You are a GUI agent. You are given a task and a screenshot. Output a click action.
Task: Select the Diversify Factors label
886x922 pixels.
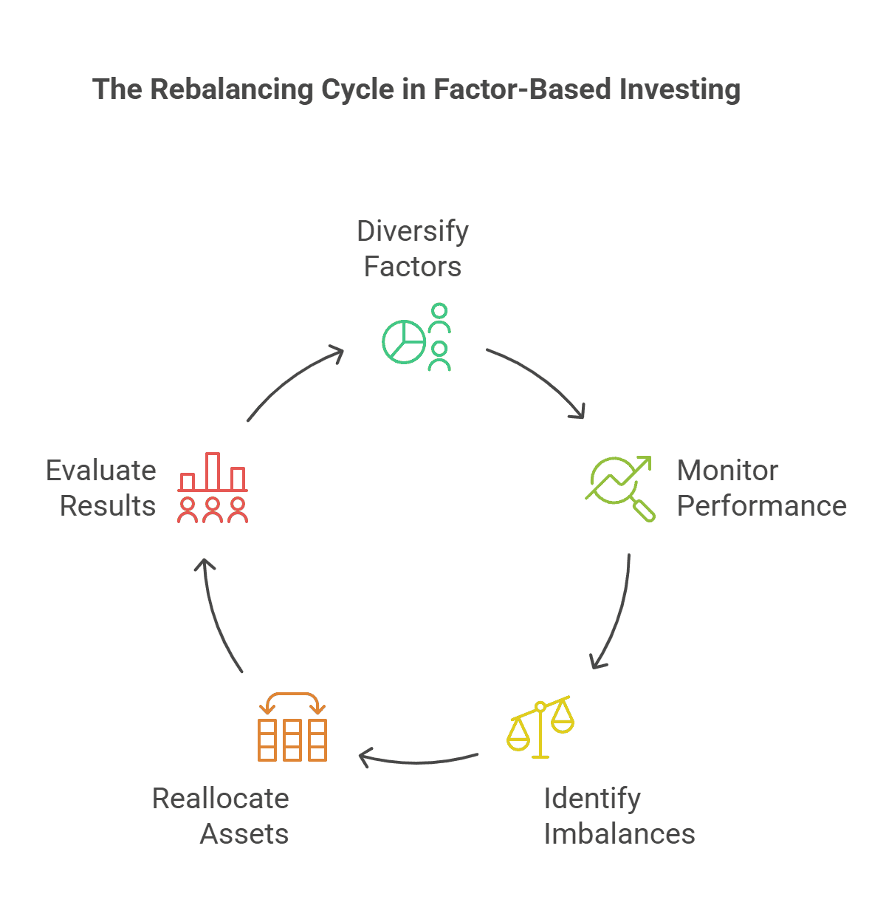pyautogui.click(x=413, y=248)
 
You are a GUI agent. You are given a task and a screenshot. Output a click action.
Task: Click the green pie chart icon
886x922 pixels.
pyautogui.click(x=404, y=342)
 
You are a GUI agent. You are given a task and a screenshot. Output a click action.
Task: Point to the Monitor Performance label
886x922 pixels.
pyautogui.click(x=760, y=488)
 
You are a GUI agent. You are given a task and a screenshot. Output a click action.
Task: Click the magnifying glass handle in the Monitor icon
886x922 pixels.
pyautogui.click(x=643, y=510)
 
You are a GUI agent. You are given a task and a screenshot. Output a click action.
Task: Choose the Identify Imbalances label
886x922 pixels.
pyautogui.click(x=619, y=816)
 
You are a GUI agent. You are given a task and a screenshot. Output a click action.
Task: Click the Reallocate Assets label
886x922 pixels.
pyautogui.click(x=221, y=816)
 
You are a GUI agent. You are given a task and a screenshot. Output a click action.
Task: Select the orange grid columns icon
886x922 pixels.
pyautogui.click(x=292, y=740)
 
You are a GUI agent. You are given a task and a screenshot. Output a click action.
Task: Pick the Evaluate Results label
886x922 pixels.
pyautogui.click(x=101, y=488)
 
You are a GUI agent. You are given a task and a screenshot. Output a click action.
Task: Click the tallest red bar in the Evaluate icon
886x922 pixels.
pyautogui.click(x=213, y=471)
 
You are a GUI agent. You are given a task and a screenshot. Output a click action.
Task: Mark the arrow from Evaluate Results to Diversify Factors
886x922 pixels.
pyautogui.click(x=292, y=380)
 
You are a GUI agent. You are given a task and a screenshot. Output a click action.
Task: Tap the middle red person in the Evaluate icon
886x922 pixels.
pyautogui.click(x=213, y=510)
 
